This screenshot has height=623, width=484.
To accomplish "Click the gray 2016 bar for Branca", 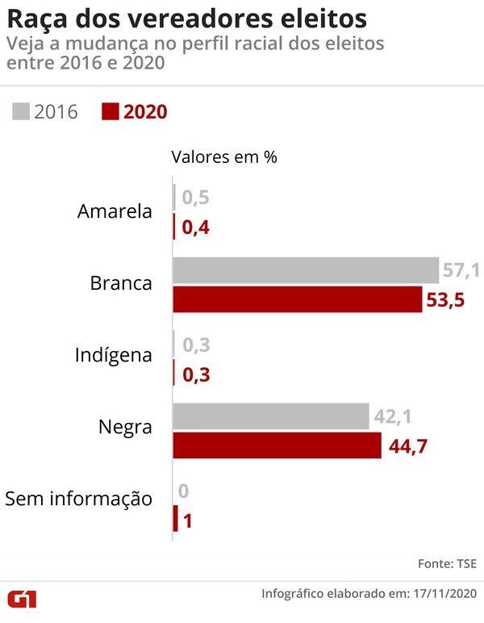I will pyautogui.click(x=305, y=270).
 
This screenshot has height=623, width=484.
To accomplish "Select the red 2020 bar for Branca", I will pyautogui.click(x=297, y=300).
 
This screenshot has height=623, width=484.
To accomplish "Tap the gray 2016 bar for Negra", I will pyautogui.click(x=270, y=416).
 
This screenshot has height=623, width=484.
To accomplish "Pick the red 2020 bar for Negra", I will pyautogui.click(x=277, y=445).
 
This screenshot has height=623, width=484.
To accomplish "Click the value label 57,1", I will pyautogui.click(x=461, y=270).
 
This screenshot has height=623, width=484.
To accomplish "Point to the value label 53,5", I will pyautogui.click(x=445, y=301).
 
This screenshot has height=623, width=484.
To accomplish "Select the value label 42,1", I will pyautogui.click(x=392, y=416).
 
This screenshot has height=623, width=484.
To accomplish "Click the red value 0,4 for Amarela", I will pyautogui.click(x=197, y=228).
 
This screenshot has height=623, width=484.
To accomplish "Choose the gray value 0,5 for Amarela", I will pyautogui.click(x=197, y=198).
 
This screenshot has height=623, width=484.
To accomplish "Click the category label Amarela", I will pyautogui.click(x=115, y=211).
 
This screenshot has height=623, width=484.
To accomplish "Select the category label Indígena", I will pyautogui.click(x=113, y=354).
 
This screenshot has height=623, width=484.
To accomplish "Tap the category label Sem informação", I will pyautogui.click(x=79, y=498).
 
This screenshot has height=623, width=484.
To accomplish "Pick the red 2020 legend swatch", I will pyautogui.click(x=110, y=111).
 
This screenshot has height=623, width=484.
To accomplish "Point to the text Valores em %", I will pyautogui.click(x=223, y=157).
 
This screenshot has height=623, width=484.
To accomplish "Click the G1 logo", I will pyautogui.click(x=27, y=599).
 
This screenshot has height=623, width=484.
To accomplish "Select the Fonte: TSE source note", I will pyautogui.click(x=447, y=562).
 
